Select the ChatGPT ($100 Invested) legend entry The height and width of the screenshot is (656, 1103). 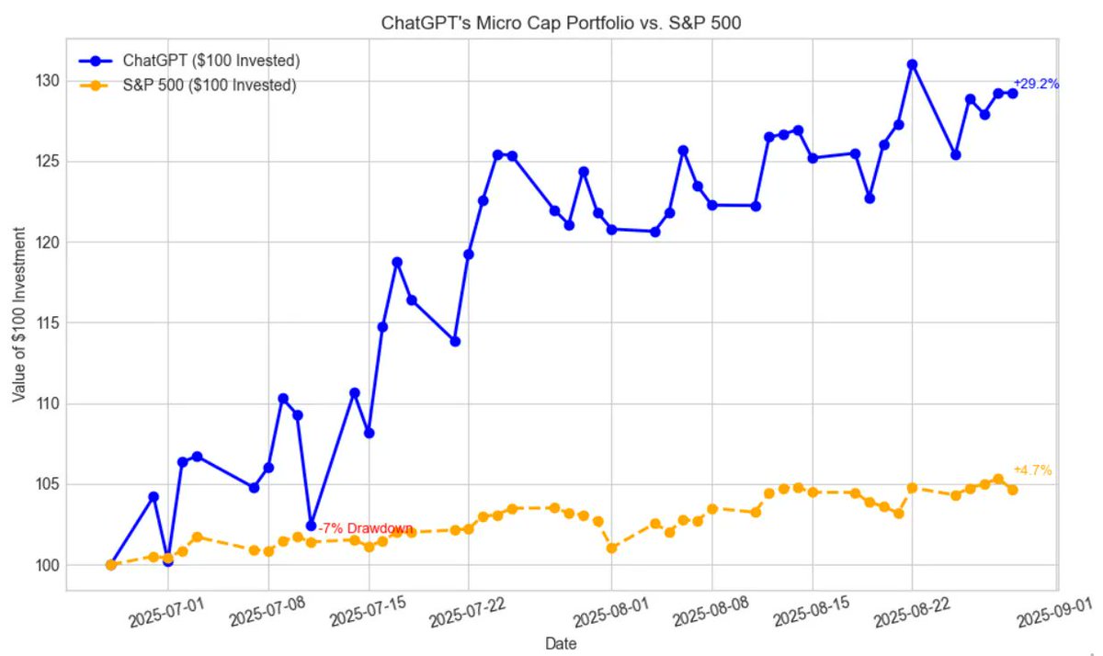(x=211, y=62)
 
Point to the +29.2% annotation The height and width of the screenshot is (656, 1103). (x=1037, y=84)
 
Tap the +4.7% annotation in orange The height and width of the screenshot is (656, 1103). (x=1033, y=470)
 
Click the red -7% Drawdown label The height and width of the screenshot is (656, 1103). (x=365, y=528)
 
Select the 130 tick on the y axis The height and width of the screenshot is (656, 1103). (x=48, y=81)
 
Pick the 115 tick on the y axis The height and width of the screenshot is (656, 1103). (x=48, y=322)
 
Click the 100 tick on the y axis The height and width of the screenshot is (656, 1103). (x=48, y=565)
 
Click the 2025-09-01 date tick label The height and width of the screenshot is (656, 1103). (x=1048, y=611)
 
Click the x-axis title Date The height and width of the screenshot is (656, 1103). (x=561, y=644)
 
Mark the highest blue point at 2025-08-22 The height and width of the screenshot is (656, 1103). (x=912, y=64)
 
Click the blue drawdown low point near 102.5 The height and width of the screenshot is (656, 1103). (x=311, y=526)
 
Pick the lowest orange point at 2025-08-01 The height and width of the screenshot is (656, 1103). (x=612, y=549)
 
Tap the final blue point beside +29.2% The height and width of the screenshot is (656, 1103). (x=1012, y=93)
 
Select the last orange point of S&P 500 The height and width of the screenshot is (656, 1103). (x=1012, y=490)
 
